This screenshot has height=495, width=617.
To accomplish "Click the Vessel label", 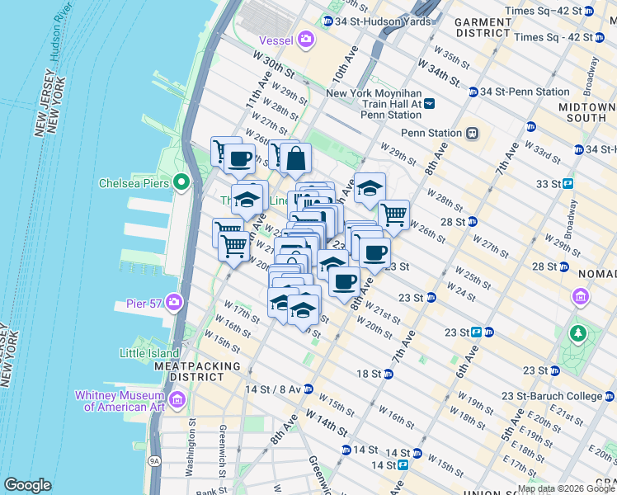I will click(x=276, y=39).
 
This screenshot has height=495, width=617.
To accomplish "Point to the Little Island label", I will click(x=149, y=353).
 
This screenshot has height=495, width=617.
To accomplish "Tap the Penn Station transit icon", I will click(x=473, y=133).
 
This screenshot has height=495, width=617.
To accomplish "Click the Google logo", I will click(x=27, y=485).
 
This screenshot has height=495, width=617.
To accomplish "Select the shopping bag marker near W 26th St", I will click(x=295, y=158).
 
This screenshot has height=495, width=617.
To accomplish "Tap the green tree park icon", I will click(x=578, y=334).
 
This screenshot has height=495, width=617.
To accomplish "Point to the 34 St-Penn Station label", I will click(x=526, y=92).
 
